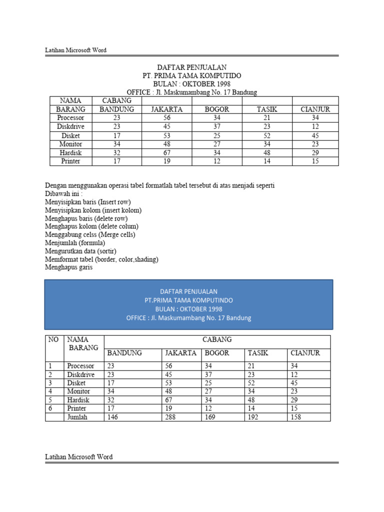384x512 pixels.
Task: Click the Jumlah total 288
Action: click(170, 417)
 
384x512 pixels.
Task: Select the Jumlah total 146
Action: click(112, 417)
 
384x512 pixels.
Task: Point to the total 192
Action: click(253, 417)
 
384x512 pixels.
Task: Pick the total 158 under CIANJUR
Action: click(296, 417)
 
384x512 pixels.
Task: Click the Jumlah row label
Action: click(77, 417)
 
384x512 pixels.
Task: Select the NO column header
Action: click(53, 339)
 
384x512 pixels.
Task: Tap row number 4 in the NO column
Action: click(50, 391)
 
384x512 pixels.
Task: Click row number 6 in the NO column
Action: click(50, 408)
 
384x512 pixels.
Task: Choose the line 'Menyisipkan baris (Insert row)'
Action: click(87, 202)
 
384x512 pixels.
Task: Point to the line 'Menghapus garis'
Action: click(68, 267)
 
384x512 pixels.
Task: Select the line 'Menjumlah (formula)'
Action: click(75, 243)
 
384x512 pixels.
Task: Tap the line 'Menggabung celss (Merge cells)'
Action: click(90, 234)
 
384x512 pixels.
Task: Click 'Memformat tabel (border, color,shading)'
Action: click(101, 259)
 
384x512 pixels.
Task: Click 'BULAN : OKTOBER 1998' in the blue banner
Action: click(188, 309)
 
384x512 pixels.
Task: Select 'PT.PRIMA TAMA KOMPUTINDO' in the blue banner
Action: click(188, 300)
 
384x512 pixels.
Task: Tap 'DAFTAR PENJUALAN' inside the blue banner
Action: click(188, 291)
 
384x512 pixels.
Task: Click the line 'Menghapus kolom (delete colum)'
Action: click(91, 226)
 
